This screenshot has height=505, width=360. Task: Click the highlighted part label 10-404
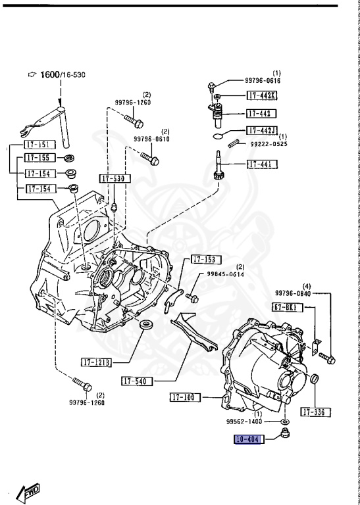[x=247, y=439]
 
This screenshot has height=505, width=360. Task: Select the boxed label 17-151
[x=39, y=145]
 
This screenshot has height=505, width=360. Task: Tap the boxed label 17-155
[x=39, y=158]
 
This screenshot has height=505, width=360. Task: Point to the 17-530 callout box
[x=115, y=179]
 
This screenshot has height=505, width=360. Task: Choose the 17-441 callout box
[x=262, y=164]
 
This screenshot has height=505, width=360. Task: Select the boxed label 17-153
[x=206, y=259]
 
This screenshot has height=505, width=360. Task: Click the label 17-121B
[x=97, y=362]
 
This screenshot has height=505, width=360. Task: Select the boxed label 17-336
[x=315, y=412]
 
